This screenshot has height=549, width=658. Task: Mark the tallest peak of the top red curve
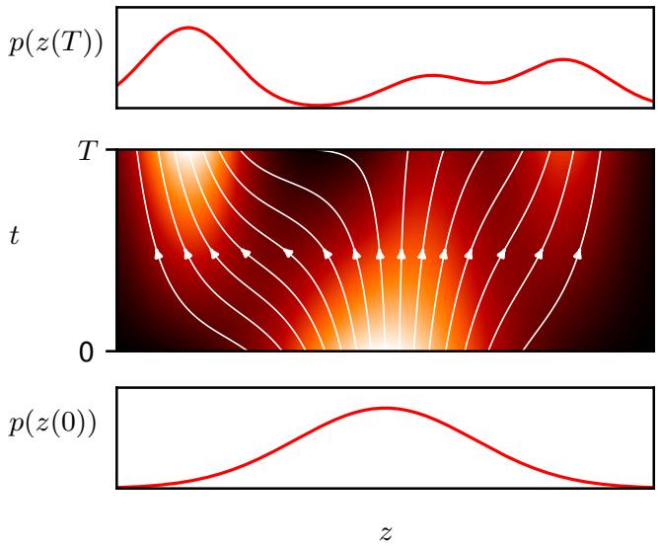point(187,28)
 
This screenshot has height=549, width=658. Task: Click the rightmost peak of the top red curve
point(563,60)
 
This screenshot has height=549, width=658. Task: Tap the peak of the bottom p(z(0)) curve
point(384,408)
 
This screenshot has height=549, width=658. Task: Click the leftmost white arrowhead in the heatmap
point(159,255)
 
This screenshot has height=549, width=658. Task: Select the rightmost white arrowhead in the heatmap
point(577,255)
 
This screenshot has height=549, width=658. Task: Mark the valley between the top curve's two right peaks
point(489,82)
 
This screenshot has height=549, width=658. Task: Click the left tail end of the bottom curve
point(119,486)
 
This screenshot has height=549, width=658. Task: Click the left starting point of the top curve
point(118,84)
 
